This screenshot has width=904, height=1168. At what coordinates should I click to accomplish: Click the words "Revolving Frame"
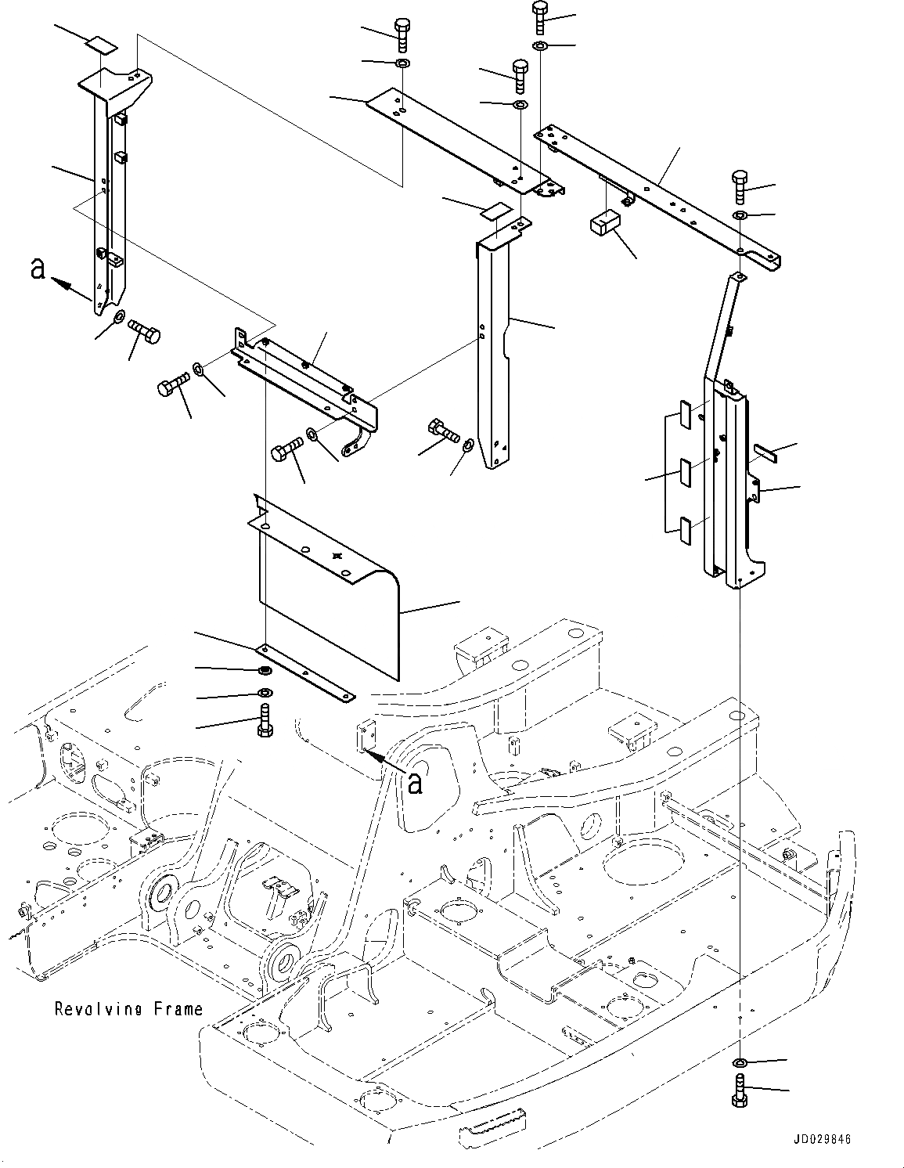[x=128, y=1008]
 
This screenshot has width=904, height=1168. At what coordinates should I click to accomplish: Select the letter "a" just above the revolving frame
[x=416, y=782]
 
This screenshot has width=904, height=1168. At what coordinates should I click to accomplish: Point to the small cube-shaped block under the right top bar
[x=603, y=223]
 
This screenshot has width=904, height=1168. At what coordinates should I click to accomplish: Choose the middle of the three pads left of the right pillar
[x=684, y=472]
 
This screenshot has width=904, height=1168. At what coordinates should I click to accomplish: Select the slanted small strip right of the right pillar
[x=765, y=452]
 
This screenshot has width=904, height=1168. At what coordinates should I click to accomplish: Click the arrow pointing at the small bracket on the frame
[x=384, y=759]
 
